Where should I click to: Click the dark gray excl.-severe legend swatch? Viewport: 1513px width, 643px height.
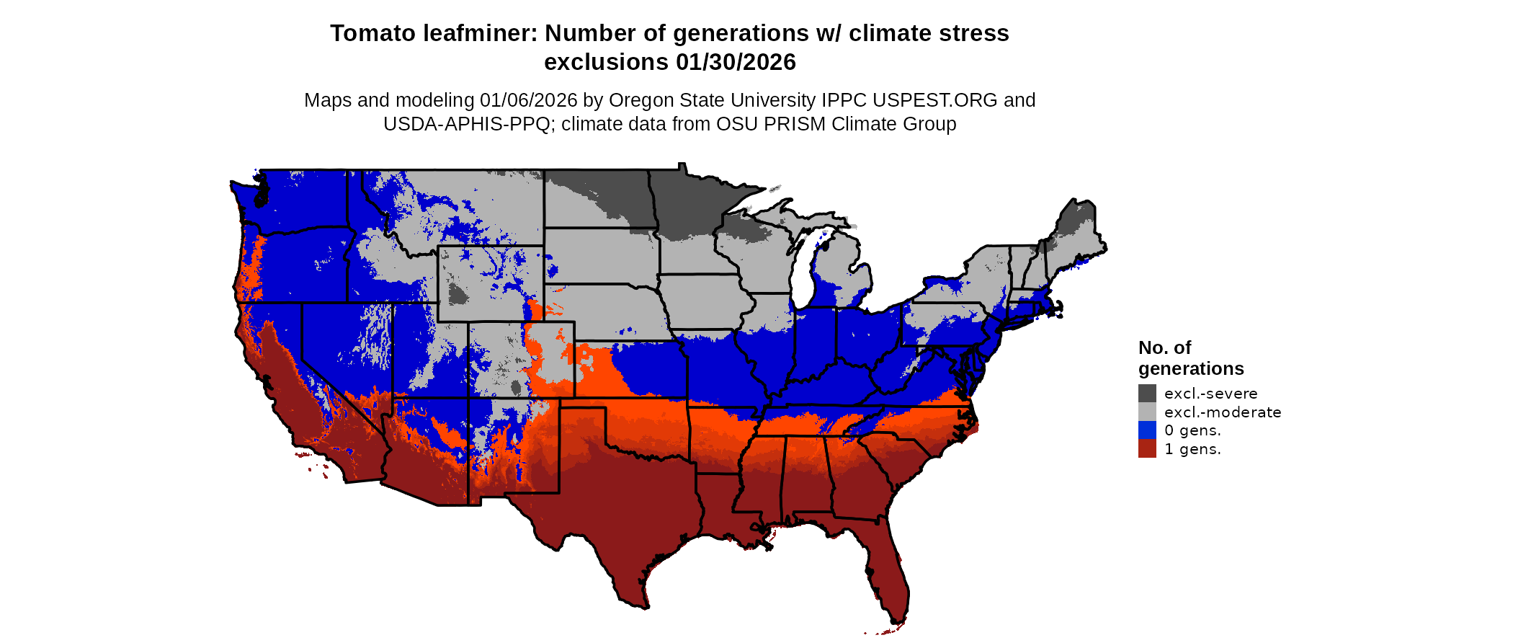[x=1147, y=393]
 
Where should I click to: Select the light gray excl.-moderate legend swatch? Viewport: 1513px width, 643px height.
[x=1147, y=412]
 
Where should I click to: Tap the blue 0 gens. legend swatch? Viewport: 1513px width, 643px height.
[x=1147, y=430]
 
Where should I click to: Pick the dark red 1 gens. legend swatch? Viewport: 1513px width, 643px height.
[x=1147, y=448]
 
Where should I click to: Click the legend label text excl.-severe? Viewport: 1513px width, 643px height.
[x=1210, y=394]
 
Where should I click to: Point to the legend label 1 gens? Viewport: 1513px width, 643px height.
[x=1192, y=449]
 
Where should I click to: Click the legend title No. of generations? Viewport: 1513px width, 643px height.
[x=1190, y=358]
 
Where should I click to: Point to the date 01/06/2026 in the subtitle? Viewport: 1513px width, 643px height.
[x=528, y=100]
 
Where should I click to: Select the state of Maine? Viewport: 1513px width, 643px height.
[x=1077, y=231]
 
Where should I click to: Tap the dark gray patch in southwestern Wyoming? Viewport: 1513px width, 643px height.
[x=457, y=294]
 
